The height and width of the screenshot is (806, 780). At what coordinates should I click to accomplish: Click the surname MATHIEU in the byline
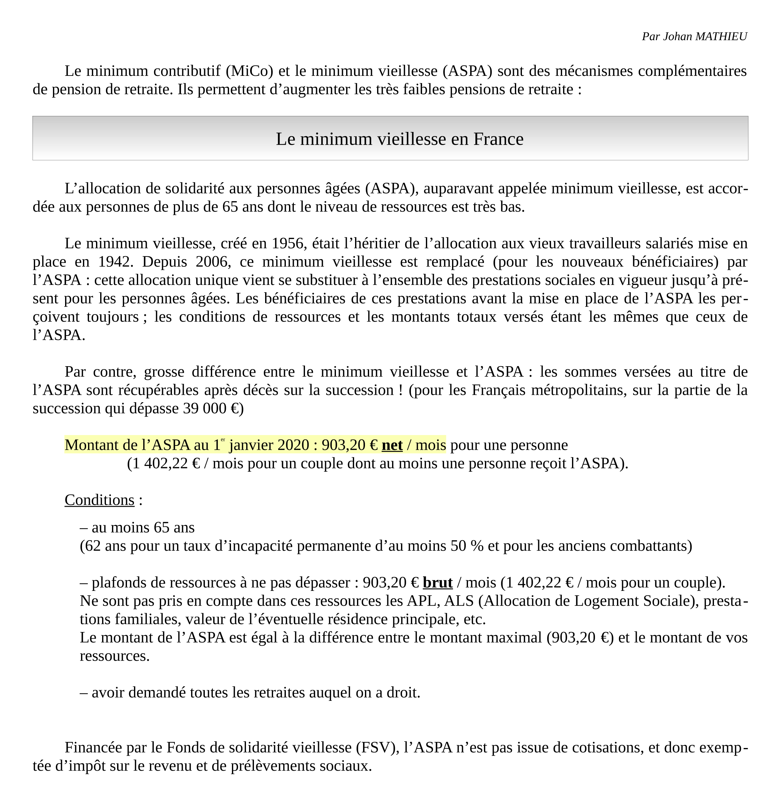[x=721, y=37]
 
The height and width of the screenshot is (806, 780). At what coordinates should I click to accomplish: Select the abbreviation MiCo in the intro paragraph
[x=249, y=71]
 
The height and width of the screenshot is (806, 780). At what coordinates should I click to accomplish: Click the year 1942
[x=116, y=262]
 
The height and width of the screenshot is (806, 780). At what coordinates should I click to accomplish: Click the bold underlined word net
[x=392, y=445]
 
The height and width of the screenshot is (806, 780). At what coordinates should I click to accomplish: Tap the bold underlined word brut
[x=438, y=583]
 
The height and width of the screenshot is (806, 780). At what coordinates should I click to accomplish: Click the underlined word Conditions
[x=100, y=500]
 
